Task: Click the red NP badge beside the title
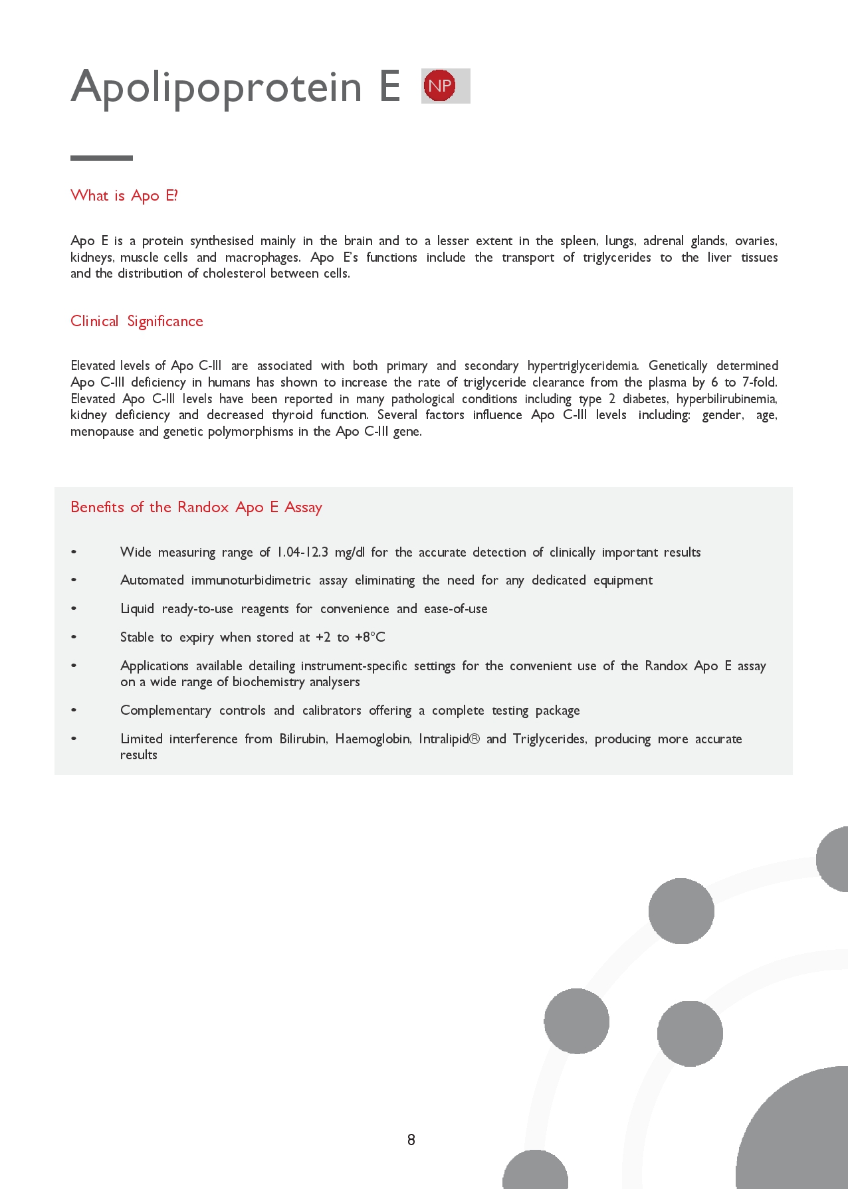pyautogui.click(x=439, y=86)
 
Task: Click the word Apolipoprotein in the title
pyautogui.click(x=216, y=87)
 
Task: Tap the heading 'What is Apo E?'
pyautogui.click(x=124, y=195)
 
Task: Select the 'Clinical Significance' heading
pyautogui.click(x=137, y=321)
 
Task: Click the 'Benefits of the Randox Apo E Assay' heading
pyautogui.click(x=196, y=507)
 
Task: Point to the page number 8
pyautogui.click(x=411, y=1140)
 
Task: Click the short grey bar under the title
pyautogui.click(x=102, y=158)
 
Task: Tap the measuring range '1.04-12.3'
pyautogui.click(x=302, y=553)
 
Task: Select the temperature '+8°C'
pyautogui.click(x=370, y=638)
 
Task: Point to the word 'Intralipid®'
pyautogui.click(x=449, y=739)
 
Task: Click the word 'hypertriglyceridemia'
pyautogui.click(x=583, y=366)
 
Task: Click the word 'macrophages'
pyautogui.click(x=263, y=258)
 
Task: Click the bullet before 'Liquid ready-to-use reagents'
pyautogui.click(x=74, y=608)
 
